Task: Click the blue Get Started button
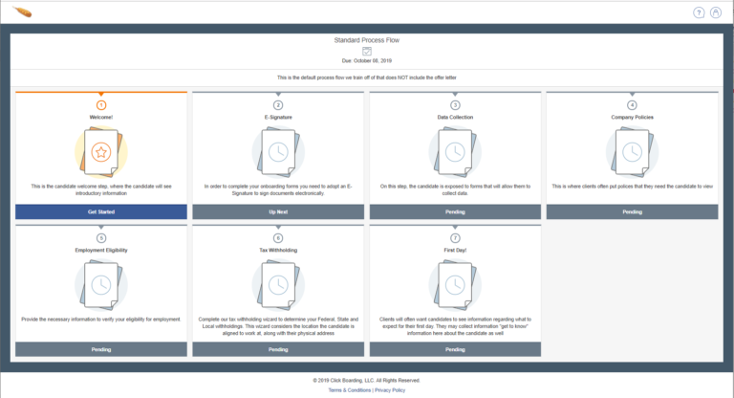[x=101, y=211]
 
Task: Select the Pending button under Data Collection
[x=455, y=211]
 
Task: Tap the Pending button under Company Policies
[x=632, y=211]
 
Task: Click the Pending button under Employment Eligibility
[x=101, y=349]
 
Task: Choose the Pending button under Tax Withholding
[x=278, y=349]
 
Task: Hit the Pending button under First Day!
[x=455, y=349]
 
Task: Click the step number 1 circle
[x=101, y=104]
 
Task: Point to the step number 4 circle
[x=632, y=104]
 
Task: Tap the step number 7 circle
[x=455, y=237]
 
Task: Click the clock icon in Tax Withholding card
[x=278, y=284]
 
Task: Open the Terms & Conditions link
[x=350, y=390]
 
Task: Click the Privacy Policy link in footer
[x=390, y=390]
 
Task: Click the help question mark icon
[x=699, y=12]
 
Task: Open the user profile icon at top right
[x=717, y=12]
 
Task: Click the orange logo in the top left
[x=23, y=12]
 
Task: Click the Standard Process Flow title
[x=366, y=40]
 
